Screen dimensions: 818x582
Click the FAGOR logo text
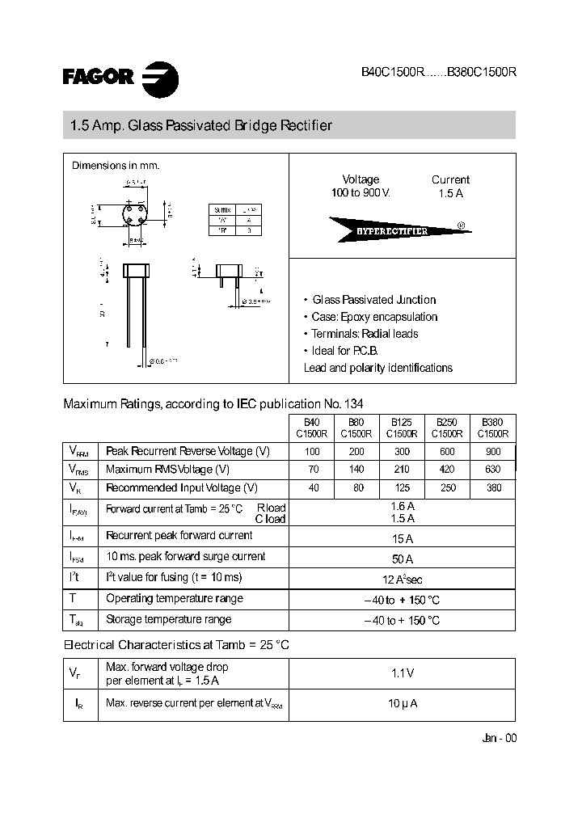click(98, 77)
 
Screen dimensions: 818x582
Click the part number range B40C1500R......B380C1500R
click(438, 71)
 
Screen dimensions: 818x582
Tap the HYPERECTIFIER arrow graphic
click(399, 230)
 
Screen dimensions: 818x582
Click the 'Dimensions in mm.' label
click(116, 166)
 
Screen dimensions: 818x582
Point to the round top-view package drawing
click(135, 217)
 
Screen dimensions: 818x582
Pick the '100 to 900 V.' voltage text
click(361, 193)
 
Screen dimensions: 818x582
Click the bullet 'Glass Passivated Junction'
click(373, 300)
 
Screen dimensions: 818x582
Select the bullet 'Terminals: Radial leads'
click(365, 334)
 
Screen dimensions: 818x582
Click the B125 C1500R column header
click(403, 427)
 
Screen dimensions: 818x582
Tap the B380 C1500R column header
click(492, 427)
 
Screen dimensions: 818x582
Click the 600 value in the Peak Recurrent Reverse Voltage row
click(447, 452)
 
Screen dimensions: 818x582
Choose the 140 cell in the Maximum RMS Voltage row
click(356, 470)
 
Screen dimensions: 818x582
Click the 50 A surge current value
click(402, 559)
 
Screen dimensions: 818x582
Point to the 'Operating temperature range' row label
click(175, 599)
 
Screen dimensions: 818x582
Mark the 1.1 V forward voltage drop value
click(402, 673)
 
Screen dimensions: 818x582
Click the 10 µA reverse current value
click(402, 704)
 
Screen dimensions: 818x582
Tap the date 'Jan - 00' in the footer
click(498, 738)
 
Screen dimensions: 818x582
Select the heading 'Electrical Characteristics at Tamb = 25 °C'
click(176, 645)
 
